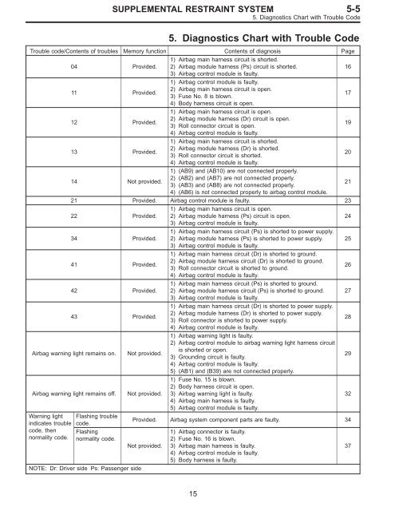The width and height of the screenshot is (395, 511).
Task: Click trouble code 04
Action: point(74,66)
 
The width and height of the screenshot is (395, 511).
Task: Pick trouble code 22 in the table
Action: point(74,216)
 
